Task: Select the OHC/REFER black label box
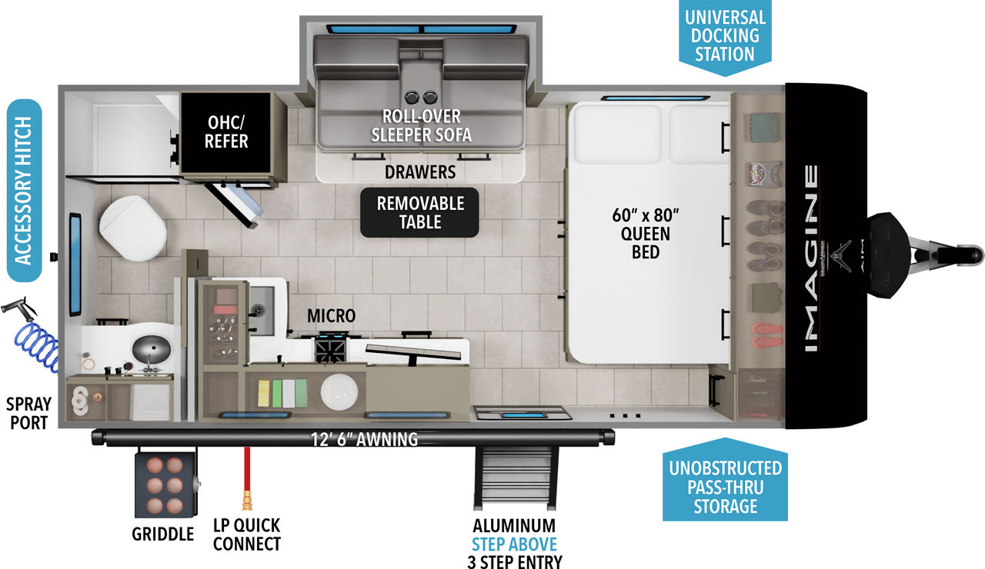click(227, 131)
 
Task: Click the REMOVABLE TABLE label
click(419, 212)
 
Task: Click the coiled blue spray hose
click(38, 346)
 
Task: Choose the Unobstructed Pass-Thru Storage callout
click(726, 487)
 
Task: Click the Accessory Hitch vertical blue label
click(24, 191)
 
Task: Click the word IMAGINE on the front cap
click(812, 258)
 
